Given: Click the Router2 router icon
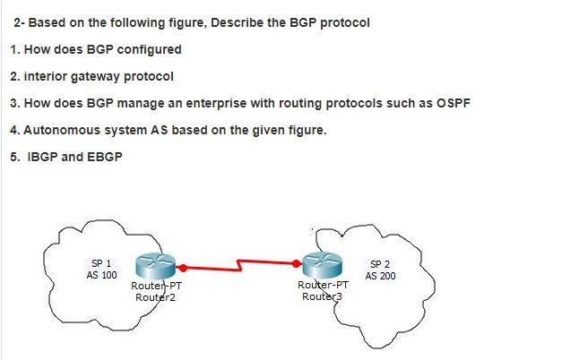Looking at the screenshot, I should [157, 266].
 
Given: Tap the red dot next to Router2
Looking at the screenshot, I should [183, 267].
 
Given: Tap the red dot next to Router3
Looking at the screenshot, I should [298, 263].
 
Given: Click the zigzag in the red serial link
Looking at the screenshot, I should [239, 265].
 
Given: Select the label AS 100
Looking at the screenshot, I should [101, 275].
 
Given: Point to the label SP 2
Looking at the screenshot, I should [380, 264].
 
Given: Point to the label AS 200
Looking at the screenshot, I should [380, 276].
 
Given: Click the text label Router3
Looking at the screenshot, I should [320, 296].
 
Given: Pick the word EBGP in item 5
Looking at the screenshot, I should [101, 157].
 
